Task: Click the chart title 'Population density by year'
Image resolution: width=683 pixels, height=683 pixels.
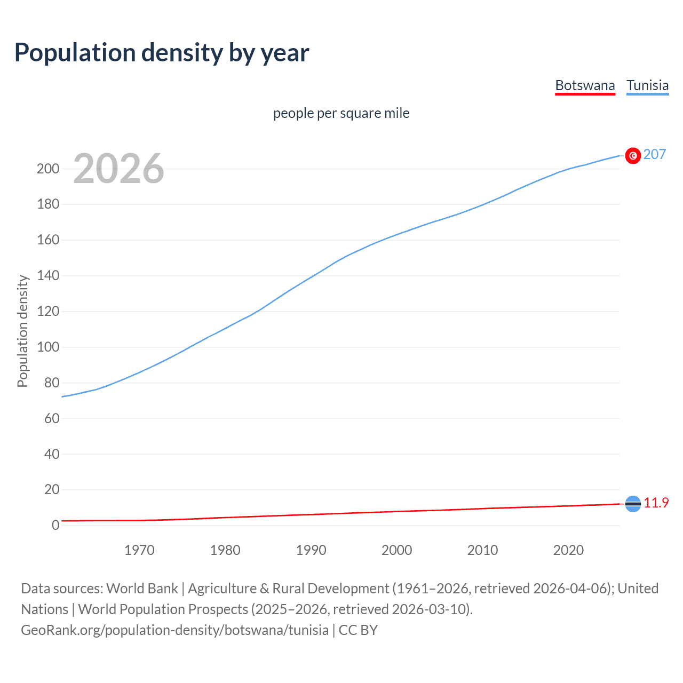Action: point(162,53)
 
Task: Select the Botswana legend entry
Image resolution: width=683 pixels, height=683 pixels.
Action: point(585,85)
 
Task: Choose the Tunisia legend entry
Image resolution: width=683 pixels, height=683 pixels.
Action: point(647,85)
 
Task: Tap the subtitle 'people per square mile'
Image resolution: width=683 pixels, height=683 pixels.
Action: point(341,113)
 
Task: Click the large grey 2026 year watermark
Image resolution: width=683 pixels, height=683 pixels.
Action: point(118,169)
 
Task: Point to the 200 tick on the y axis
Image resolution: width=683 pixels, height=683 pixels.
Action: point(47,169)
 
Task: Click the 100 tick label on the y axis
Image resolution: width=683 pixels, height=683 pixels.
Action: point(47,347)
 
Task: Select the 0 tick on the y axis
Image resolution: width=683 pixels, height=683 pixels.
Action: point(55,525)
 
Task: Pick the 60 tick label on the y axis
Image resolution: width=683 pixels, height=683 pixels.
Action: point(52,418)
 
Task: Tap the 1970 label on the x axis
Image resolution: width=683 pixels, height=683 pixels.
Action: point(139,550)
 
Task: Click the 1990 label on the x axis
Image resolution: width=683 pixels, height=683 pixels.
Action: point(311,550)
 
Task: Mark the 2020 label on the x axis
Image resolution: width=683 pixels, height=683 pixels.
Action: point(568,550)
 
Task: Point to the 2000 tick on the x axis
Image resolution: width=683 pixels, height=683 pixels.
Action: point(396,550)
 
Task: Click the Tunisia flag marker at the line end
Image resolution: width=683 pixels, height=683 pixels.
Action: point(633,155)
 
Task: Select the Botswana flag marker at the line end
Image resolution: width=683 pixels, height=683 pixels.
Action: point(633,504)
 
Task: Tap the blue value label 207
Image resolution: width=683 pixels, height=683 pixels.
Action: point(654,155)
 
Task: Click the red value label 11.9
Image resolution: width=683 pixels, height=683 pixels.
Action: point(656,503)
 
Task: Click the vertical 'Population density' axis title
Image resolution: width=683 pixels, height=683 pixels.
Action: point(22,331)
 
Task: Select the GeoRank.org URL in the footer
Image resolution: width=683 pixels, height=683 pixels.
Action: point(174,630)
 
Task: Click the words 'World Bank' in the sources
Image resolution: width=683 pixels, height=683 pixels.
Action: point(142,589)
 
